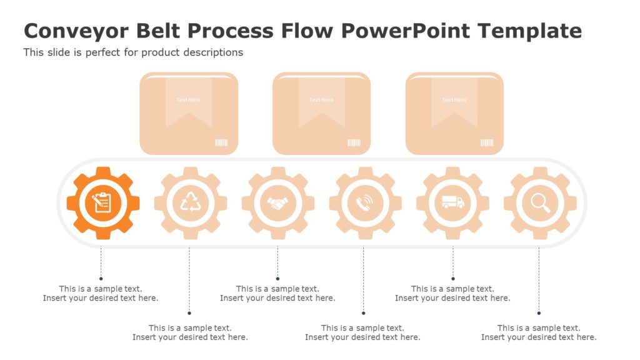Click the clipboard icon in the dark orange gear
coord(102,202)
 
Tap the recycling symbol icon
coord(190,202)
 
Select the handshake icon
coord(277,202)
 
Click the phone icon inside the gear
coord(365,202)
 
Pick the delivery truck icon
coord(452,202)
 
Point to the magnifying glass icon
coord(540,202)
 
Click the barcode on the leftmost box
coord(221,143)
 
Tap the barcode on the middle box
coord(354,143)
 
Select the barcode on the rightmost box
coord(487,143)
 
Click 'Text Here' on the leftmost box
coord(188,100)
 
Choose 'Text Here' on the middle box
coord(321,100)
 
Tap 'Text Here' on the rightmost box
coord(454,100)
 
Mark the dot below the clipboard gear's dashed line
coord(101,279)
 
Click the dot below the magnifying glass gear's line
coord(539,313)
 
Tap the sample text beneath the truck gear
coord(452,294)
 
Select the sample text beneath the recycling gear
coord(190,332)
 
